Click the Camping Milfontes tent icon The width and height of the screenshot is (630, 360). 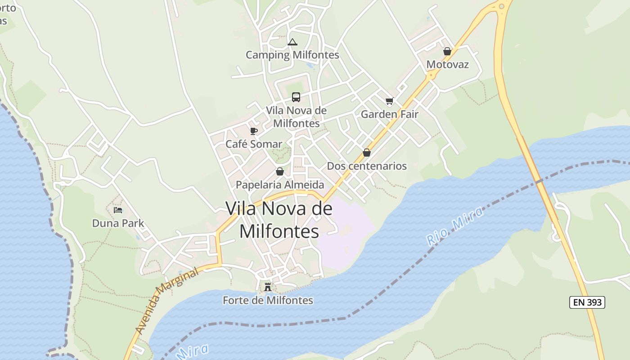pyautogui.click(x=292, y=43)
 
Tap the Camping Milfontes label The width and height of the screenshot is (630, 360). pyautogui.click(x=292, y=55)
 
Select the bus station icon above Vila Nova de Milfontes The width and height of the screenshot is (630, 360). pyautogui.click(x=296, y=97)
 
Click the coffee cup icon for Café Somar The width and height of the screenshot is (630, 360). pyautogui.click(x=254, y=131)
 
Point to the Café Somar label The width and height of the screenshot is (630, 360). pyautogui.click(x=254, y=144)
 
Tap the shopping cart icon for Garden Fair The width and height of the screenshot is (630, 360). pyautogui.click(x=389, y=101)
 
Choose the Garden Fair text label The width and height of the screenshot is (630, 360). pyautogui.click(x=390, y=114)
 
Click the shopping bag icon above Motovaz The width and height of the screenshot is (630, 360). pyautogui.click(x=447, y=51)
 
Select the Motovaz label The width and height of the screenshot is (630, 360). pyautogui.click(x=447, y=64)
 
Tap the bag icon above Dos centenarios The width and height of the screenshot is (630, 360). pyautogui.click(x=367, y=153)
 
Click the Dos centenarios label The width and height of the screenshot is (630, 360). pyautogui.click(x=367, y=166)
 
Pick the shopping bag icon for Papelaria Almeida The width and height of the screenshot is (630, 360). pyautogui.click(x=280, y=171)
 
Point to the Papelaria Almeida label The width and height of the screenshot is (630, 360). pyautogui.click(x=280, y=184)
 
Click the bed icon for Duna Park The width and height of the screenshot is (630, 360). pyautogui.click(x=118, y=210)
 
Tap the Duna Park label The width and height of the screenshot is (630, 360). pyautogui.click(x=118, y=223)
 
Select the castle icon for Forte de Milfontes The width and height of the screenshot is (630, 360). pyautogui.click(x=268, y=287)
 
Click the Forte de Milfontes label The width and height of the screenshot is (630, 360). pyautogui.click(x=268, y=300)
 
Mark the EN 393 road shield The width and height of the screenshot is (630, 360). pyautogui.click(x=587, y=302)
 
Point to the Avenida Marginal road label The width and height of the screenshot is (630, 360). pyautogui.click(x=167, y=302)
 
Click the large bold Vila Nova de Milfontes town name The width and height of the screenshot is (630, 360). pyautogui.click(x=279, y=220)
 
